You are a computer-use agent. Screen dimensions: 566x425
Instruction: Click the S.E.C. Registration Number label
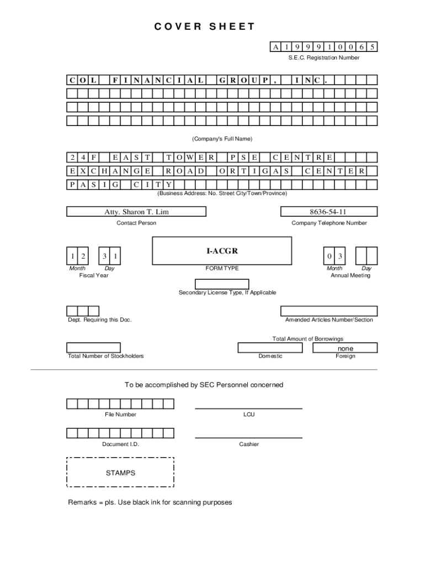pos(323,57)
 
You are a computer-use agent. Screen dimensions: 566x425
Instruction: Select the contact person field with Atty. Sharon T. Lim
pos(136,212)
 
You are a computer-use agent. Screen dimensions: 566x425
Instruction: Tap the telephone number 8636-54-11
pos(329,212)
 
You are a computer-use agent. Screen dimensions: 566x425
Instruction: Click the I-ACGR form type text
pos(222,251)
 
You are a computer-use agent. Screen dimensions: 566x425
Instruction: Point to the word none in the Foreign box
pos(346,348)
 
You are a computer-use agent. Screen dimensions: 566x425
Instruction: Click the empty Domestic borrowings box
pos(270,348)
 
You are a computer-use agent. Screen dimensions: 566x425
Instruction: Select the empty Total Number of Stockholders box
pos(101,348)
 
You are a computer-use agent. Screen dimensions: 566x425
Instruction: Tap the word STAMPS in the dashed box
pos(120,473)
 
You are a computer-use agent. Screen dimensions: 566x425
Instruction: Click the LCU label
pos(249,415)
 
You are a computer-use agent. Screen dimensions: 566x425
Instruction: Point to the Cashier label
pos(249,444)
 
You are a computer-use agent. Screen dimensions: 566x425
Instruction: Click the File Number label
pos(120,415)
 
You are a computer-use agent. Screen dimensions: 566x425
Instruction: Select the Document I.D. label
pos(120,444)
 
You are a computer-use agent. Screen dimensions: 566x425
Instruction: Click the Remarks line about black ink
pos(150,502)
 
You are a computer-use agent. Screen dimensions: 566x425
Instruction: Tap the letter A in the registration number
pos(275,47)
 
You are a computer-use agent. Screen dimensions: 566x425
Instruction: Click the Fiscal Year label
pos(94,275)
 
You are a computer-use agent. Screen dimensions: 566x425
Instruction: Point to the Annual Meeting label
pos(350,275)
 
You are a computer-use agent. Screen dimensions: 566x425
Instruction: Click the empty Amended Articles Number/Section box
pos(329,311)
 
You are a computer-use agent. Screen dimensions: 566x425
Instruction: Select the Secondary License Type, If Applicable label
pos(227,292)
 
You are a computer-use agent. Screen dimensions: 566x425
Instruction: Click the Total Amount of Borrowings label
pos(307,339)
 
